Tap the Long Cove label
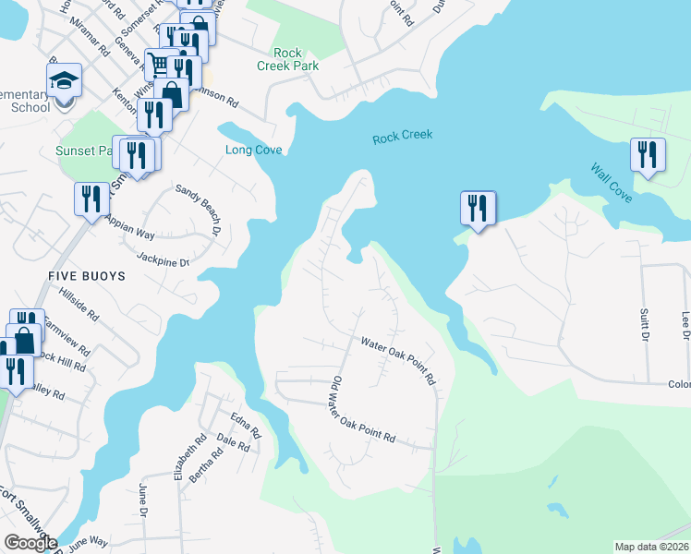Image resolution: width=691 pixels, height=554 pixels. coord(254,151)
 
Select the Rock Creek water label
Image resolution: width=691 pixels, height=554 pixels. coord(403,137)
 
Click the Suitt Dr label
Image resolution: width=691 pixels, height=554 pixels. coord(645,324)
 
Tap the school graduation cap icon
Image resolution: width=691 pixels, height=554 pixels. coord(65,81)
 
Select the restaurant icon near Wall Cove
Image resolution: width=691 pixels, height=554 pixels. coord(648,154)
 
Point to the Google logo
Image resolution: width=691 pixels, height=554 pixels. coord(30,543)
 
